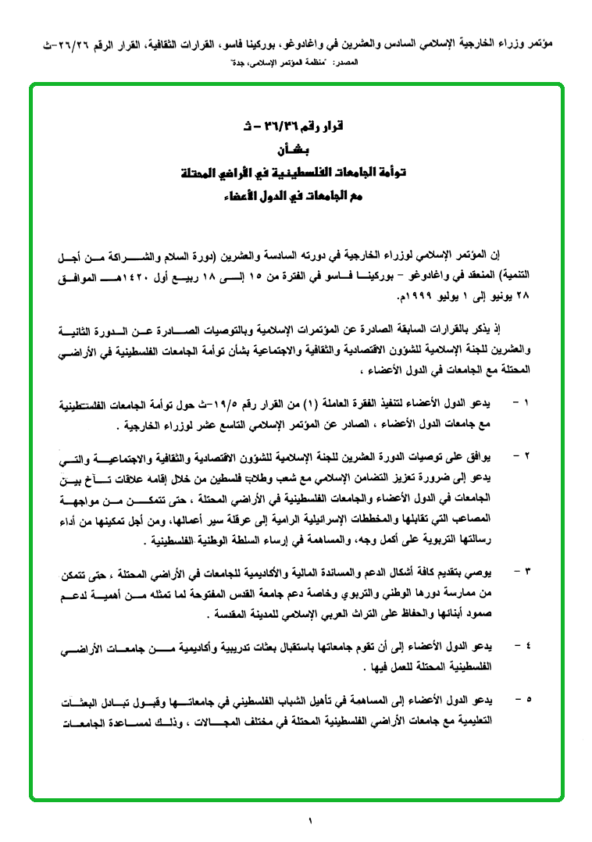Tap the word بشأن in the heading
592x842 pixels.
(x=294, y=148)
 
